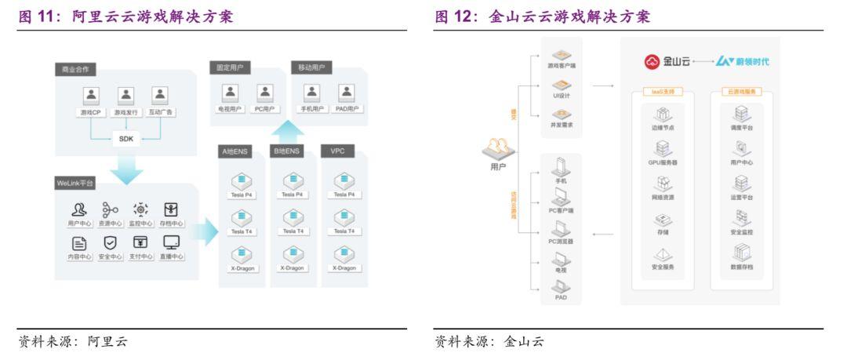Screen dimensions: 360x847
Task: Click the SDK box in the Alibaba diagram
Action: [125, 139]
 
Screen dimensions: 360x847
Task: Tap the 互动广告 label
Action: [161, 112]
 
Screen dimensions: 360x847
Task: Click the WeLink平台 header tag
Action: [76, 183]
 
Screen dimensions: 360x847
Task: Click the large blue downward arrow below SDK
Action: [125, 165]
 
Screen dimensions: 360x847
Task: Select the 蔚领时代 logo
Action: [742, 61]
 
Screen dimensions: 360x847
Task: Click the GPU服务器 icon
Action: [662, 148]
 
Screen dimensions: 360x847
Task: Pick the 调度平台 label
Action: [741, 128]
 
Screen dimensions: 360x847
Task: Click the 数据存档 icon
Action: [741, 253]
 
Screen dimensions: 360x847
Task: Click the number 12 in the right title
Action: [467, 16]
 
